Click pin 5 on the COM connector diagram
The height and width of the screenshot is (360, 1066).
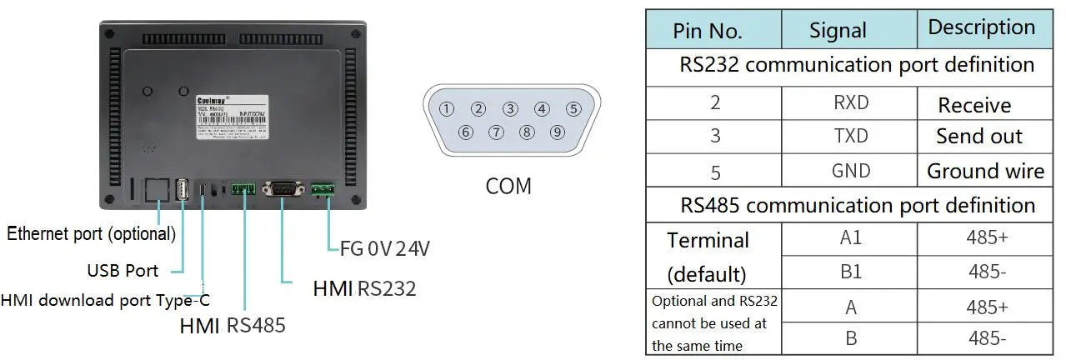click(573, 108)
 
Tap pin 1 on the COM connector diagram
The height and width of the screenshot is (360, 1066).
click(448, 108)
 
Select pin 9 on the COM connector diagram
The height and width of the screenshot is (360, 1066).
click(558, 132)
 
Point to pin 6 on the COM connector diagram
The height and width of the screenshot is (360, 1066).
click(465, 132)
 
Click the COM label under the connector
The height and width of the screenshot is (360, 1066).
click(508, 186)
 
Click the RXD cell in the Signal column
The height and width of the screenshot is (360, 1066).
click(850, 103)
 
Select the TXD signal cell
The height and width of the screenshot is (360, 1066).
click(850, 137)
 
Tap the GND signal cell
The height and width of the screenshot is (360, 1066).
click(850, 171)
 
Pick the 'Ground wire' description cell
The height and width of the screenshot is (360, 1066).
click(985, 172)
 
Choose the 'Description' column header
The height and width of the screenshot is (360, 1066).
click(981, 27)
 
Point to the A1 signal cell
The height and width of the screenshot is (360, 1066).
click(850, 238)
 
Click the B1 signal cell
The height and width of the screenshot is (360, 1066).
click(850, 272)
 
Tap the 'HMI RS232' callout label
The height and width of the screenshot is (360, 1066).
click(364, 288)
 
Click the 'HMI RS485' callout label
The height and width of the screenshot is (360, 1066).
click(233, 325)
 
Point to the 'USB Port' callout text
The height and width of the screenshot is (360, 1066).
click(123, 271)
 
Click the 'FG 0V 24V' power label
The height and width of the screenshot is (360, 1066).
click(385, 247)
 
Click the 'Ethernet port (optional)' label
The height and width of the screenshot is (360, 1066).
click(92, 234)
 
